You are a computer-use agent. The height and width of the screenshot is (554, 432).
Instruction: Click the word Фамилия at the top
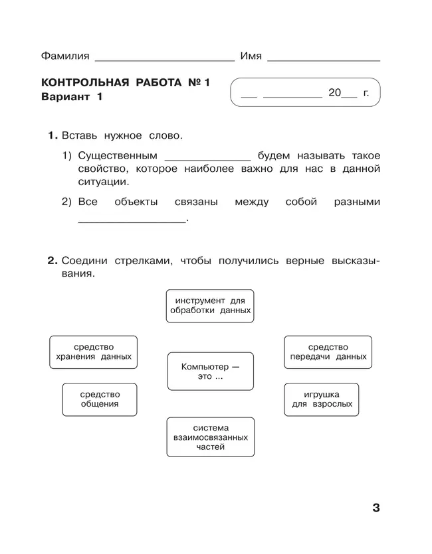click(65, 56)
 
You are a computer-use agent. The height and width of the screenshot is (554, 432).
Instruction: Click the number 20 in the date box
click(334, 93)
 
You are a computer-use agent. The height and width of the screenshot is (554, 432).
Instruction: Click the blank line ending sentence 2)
click(132, 220)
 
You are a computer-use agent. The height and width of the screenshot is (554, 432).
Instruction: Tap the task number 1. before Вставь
click(53, 135)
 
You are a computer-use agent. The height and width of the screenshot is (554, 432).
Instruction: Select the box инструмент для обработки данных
click(209, 305)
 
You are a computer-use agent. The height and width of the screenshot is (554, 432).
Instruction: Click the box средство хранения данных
click(93, 352)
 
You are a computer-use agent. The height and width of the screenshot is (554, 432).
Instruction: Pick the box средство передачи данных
click(328, 352)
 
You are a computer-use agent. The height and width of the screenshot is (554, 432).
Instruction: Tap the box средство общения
click(100, 399)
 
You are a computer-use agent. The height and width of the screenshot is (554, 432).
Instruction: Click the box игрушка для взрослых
click(322, 399)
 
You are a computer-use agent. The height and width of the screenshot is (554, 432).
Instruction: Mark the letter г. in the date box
click(366, 93)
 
